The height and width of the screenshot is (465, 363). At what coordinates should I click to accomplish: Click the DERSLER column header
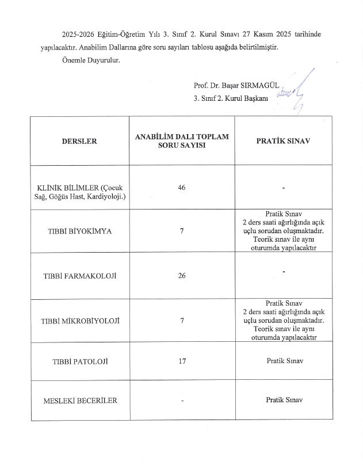(x=80, y=141)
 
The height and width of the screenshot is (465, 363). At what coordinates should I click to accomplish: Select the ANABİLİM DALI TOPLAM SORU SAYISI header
(x=182, y=141)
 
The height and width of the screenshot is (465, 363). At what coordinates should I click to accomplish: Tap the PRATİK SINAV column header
(x=283, y=141)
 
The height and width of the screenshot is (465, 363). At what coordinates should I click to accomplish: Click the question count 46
(x=182, y=188)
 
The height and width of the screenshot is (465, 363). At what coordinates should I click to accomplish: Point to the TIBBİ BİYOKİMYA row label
(x=80, y=231)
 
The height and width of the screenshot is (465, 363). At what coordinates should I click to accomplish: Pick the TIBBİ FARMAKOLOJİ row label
(x=80, y=276)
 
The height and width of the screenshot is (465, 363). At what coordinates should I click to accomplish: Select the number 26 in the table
(x=182, y=276)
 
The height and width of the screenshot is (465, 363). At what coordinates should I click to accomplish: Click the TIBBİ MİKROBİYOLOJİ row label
(x=80, y=321)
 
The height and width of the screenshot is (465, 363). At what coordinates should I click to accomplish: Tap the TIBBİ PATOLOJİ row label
(x=80, y=361)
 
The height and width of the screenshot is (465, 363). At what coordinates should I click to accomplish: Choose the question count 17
(x=182, y=361)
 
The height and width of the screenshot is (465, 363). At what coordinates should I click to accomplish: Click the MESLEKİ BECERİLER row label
(x=80, y=401)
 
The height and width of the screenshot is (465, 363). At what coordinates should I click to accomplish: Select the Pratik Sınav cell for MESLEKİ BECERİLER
(x=284, y=400)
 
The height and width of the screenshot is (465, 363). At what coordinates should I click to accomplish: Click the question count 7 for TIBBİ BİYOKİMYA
(x=182, y=231)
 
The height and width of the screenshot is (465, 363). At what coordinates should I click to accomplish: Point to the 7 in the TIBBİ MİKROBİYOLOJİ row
(x=182, y=321)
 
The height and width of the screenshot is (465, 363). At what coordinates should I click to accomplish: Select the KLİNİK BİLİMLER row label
(x=80, y=192)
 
